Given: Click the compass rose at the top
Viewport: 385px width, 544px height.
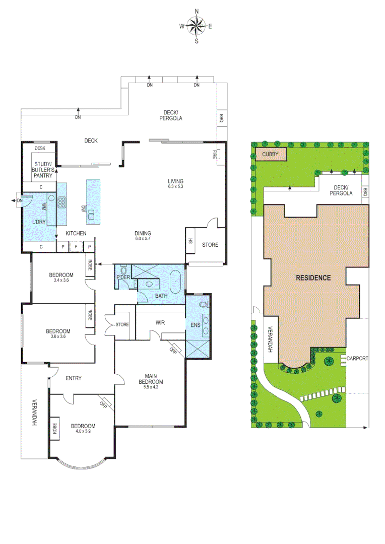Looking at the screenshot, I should click(x=197, y=26).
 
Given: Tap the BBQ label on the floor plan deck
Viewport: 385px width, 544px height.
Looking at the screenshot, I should click(x=220, y=118).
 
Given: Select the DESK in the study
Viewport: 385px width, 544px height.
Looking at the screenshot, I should click(x=40, y=148).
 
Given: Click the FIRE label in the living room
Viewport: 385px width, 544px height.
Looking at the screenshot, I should click(x=214, y=155).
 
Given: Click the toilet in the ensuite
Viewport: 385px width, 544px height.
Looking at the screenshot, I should click(x=204, y=305).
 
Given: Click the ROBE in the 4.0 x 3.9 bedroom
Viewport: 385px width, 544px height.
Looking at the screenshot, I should click(x=54, y=428).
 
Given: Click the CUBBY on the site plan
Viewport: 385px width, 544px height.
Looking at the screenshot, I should click(x=271, y=154).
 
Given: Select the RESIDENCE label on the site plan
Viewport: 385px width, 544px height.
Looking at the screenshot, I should click(x=312, y=278).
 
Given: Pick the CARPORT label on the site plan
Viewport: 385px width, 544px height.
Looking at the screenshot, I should click(x=358, y=359).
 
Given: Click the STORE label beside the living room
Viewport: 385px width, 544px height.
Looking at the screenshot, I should click(x=210, y=245).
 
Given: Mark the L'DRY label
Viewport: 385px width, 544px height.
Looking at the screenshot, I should click(x=39, y=222).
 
